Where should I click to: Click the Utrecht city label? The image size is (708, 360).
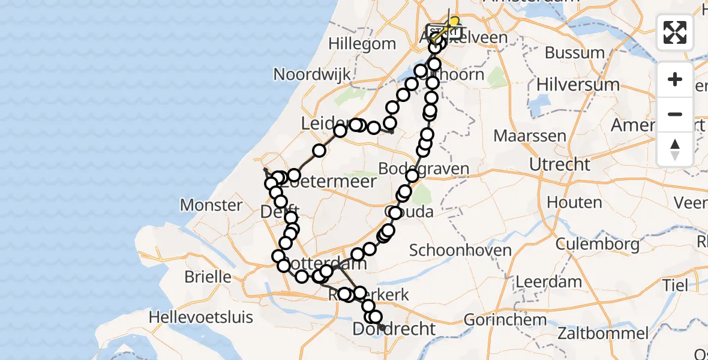tap(560, 164)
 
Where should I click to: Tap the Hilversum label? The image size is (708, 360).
tap(578, 85)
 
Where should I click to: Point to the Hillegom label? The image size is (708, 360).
tap(362, 44)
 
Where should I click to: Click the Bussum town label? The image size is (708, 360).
tap(575, 53)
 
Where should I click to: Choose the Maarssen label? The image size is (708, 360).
tap(530, 136)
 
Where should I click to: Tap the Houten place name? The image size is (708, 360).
tap(574, 203)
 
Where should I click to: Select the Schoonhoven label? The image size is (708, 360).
tap(460, 250)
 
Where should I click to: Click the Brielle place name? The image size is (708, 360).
tap(208, 277)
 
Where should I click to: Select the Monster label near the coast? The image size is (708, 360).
tap(211, 205)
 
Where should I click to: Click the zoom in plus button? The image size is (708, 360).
tap(675, 79)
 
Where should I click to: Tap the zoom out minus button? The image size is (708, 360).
tap(675, 114)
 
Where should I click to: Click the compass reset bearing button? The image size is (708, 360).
tap(675, 148)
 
